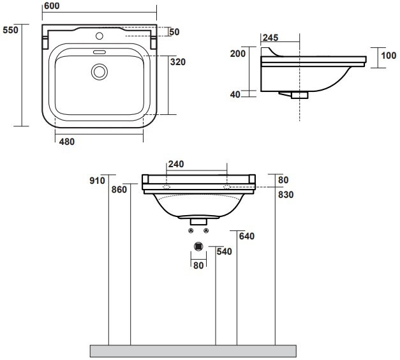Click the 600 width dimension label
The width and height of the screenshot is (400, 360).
[52, 6]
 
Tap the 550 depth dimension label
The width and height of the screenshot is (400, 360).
[10, 30]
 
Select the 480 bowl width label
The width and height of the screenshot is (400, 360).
[67, 142]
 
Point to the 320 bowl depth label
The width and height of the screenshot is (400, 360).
[178, 62]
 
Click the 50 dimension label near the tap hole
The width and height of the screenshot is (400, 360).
[174, 32]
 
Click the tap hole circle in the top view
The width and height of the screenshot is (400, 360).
[100, 36]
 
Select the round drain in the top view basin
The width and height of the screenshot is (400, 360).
[100, 71]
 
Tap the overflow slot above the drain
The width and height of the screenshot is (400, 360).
[100, 52]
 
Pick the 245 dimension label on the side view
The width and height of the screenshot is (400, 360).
[270, 38]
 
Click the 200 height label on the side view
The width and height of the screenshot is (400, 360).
[238, 54]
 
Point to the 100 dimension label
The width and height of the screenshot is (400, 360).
[389, 56]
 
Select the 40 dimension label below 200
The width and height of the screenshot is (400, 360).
[235, 94]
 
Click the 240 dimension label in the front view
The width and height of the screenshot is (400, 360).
[176, 164]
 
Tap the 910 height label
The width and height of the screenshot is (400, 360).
[97, 181]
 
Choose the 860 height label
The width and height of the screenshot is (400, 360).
[119, 190]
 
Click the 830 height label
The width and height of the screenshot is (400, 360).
[286, 195]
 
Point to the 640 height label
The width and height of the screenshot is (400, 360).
[247, 236]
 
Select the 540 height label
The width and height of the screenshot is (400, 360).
[224, 251]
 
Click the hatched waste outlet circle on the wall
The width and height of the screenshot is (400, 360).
[198, 246]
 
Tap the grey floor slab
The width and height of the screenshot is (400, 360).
[193, 351]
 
